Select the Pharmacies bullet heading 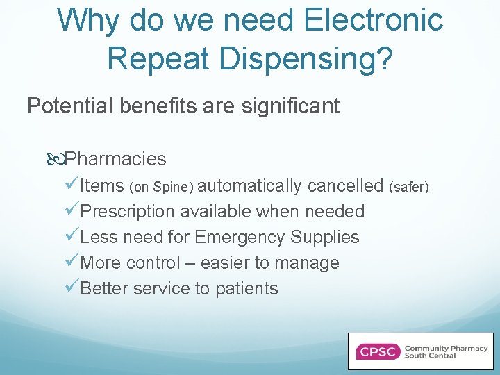118,159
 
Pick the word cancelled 345,185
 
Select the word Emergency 240,237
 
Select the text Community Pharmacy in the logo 446,347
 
